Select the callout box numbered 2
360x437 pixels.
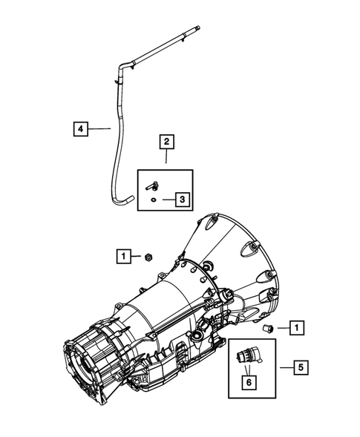coord(166,141)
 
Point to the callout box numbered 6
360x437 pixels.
coord(249,381)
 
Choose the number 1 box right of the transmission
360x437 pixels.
coord(297,326)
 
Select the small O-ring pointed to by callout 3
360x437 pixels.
coord(151,199)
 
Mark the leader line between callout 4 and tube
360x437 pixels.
coord(100,128)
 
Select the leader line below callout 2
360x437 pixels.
coord(166,157)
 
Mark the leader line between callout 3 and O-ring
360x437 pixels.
coord(164,199)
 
